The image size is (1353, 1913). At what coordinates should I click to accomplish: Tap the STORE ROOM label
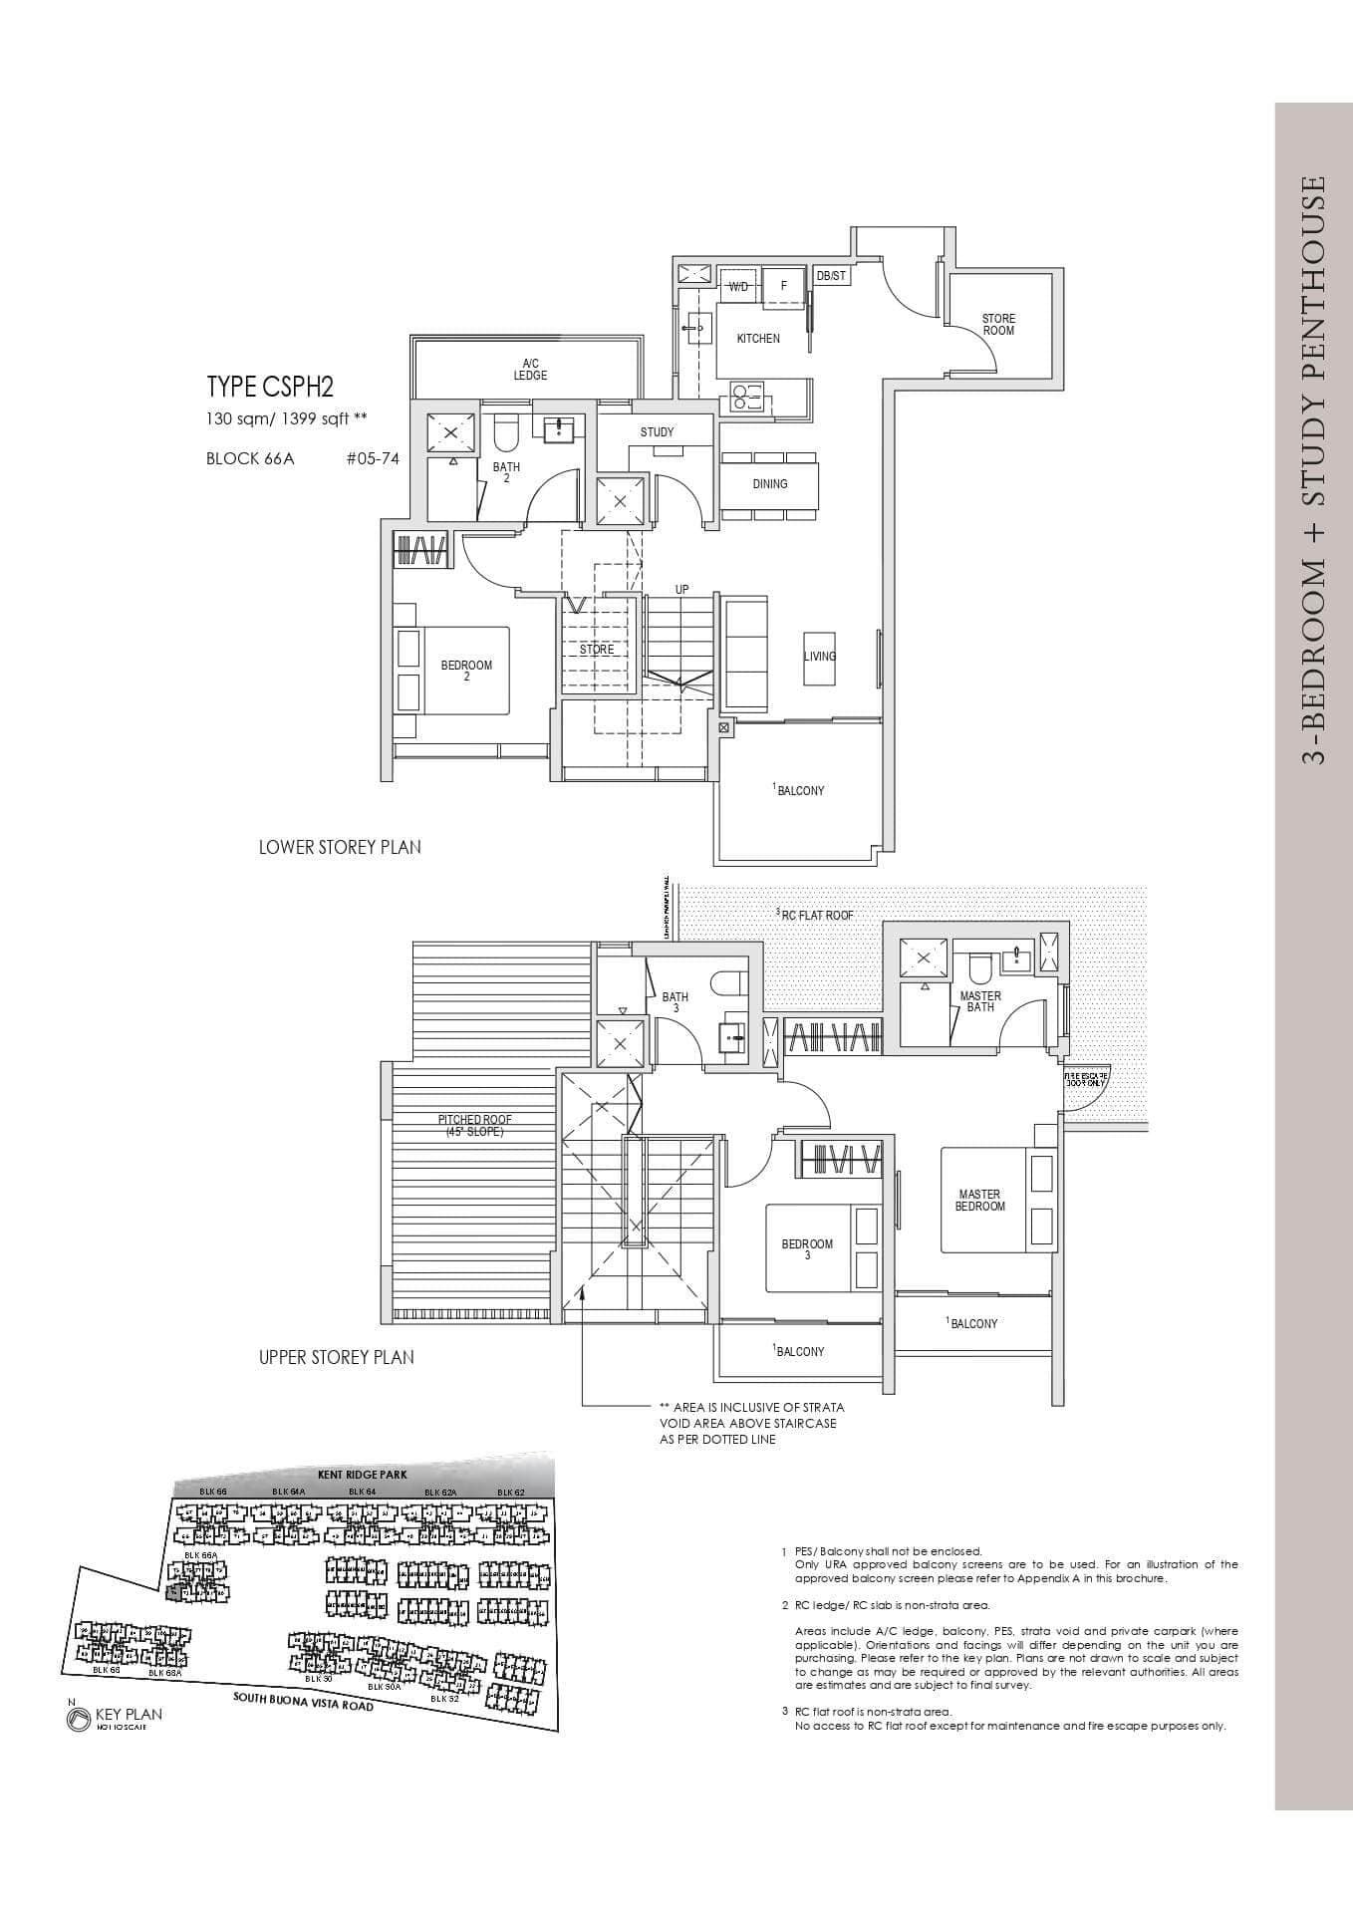[998, 325]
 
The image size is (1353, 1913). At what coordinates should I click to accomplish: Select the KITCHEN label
[758, 339]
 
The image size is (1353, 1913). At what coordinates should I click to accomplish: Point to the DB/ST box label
[831, 276]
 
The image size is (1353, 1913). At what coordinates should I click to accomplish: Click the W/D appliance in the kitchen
[738, 286]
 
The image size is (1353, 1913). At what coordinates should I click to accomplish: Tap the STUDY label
[657, 432]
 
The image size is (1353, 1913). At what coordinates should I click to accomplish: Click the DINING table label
[770, 484]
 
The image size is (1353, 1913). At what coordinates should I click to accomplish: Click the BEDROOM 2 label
[466, 671]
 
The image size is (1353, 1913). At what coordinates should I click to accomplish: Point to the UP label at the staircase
[681, 590]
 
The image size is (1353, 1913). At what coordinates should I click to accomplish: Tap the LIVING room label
[820, 657]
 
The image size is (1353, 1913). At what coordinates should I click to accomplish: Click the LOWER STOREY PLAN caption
[340, 848]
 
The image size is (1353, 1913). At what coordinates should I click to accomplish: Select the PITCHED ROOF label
[475, 1126]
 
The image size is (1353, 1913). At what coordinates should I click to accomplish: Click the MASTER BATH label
[980, 1001]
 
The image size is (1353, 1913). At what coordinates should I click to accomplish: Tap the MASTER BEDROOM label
[979, 1200]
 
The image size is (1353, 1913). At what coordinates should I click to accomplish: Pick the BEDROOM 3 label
[807, 1249]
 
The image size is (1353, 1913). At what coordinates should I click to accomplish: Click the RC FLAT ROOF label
[817, 915]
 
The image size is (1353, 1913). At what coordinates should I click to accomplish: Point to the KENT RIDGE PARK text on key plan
[363, 1474]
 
